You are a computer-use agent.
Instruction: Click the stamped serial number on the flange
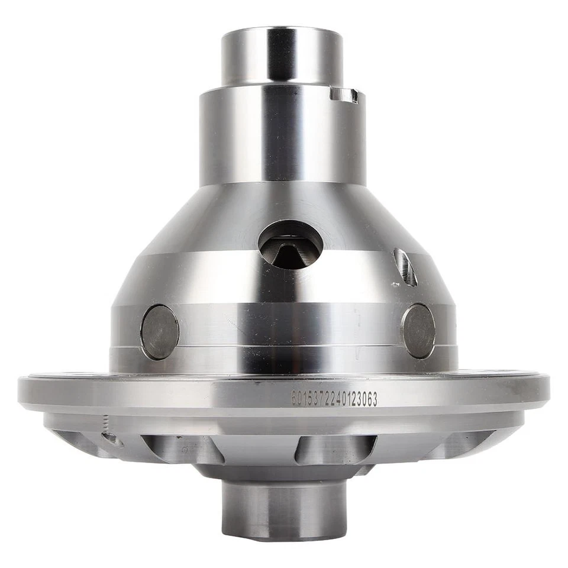pos(334,399)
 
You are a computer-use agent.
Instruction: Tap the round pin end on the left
pos(160,332)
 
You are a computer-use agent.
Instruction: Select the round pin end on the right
pos(418,331)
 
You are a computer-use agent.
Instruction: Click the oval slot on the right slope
pos(405,267)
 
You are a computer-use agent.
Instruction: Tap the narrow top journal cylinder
pos(282,56)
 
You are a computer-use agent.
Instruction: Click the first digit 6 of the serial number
pos(293,399)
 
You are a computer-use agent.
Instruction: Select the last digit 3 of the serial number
pos(374,399)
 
